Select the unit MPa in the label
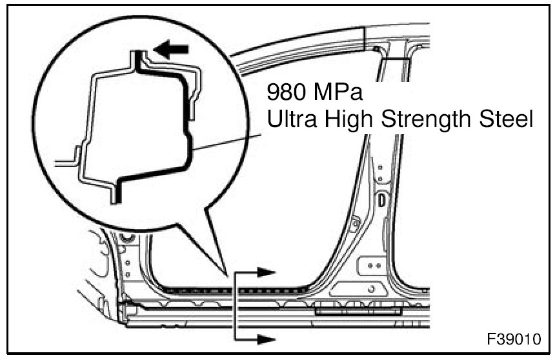click(x=338, y=94)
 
